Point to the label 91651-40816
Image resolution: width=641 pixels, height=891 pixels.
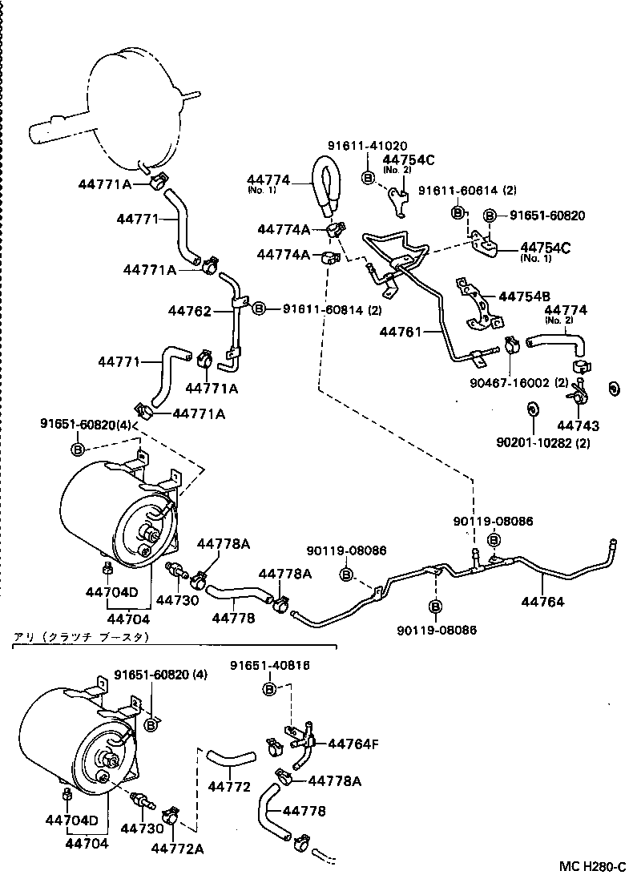tap(270, 665)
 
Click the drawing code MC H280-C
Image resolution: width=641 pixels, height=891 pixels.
tap(591, 867)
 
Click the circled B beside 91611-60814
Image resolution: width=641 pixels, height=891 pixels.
tap(259, 308)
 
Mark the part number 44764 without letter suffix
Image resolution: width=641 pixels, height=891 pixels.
tap(542, 601)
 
